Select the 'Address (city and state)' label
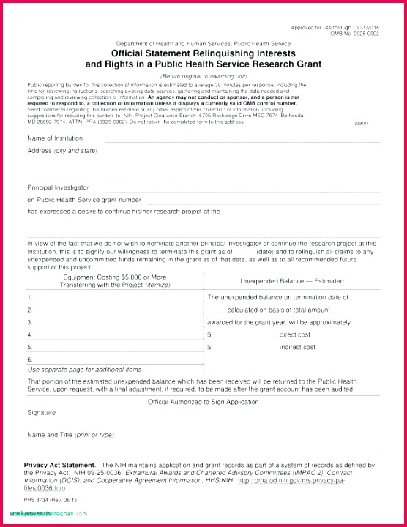pos(62,151)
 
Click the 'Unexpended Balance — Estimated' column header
pos(291,281)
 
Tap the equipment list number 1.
pos(29,298)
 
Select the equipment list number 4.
pos(29,334)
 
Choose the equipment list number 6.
pos(29,359)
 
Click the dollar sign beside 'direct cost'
pos(209,334)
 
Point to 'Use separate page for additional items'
pos(84,370)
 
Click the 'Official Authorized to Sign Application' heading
pos(203,402)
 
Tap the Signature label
pos(42,413)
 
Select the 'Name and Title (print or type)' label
pos(70,435)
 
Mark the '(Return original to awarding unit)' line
pos(203,76)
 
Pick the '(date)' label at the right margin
pos(361,123)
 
